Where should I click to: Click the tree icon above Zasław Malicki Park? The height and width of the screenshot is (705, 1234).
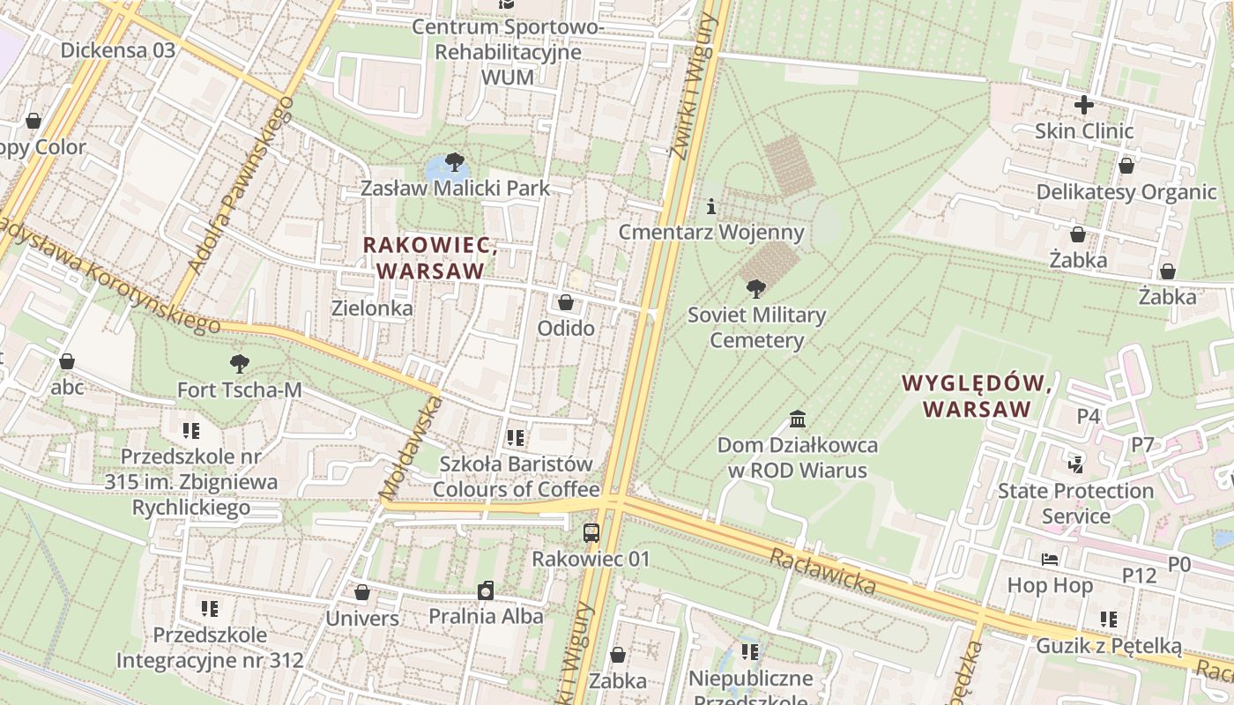[x=454, y=162]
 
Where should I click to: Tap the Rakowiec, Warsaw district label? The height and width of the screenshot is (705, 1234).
[x=431, y=258]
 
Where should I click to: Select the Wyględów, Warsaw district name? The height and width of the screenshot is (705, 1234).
[x=977, y=397]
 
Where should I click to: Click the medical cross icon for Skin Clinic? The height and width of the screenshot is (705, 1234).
[x=1083, y=105]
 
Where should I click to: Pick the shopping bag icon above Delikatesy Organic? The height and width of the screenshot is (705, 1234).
[x=1126, y=166]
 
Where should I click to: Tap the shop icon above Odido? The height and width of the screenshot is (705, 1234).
[x=566, y=302]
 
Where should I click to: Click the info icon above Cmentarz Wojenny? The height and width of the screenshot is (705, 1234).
[x=711, y=206]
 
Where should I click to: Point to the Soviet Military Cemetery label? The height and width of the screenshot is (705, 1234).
[x=756, y=328]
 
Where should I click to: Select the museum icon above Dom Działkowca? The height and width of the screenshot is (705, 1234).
[x=798, y=419]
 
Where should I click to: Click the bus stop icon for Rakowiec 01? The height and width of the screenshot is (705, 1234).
[x=591, y=532]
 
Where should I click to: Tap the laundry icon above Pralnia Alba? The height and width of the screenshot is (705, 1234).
[x=486, y=590]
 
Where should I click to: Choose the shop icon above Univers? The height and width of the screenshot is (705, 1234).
[x=361, y=592]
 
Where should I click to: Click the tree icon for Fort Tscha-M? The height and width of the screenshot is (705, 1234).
[x=239, y=363]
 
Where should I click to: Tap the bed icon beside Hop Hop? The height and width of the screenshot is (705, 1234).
[x=1049, y=559]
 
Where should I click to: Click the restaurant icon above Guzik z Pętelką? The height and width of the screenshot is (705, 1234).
[x=1108, y=620]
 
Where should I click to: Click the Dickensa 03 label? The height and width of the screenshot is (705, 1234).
[x=118, y=50]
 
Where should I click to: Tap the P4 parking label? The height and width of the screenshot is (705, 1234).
[x=1089, y=416]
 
